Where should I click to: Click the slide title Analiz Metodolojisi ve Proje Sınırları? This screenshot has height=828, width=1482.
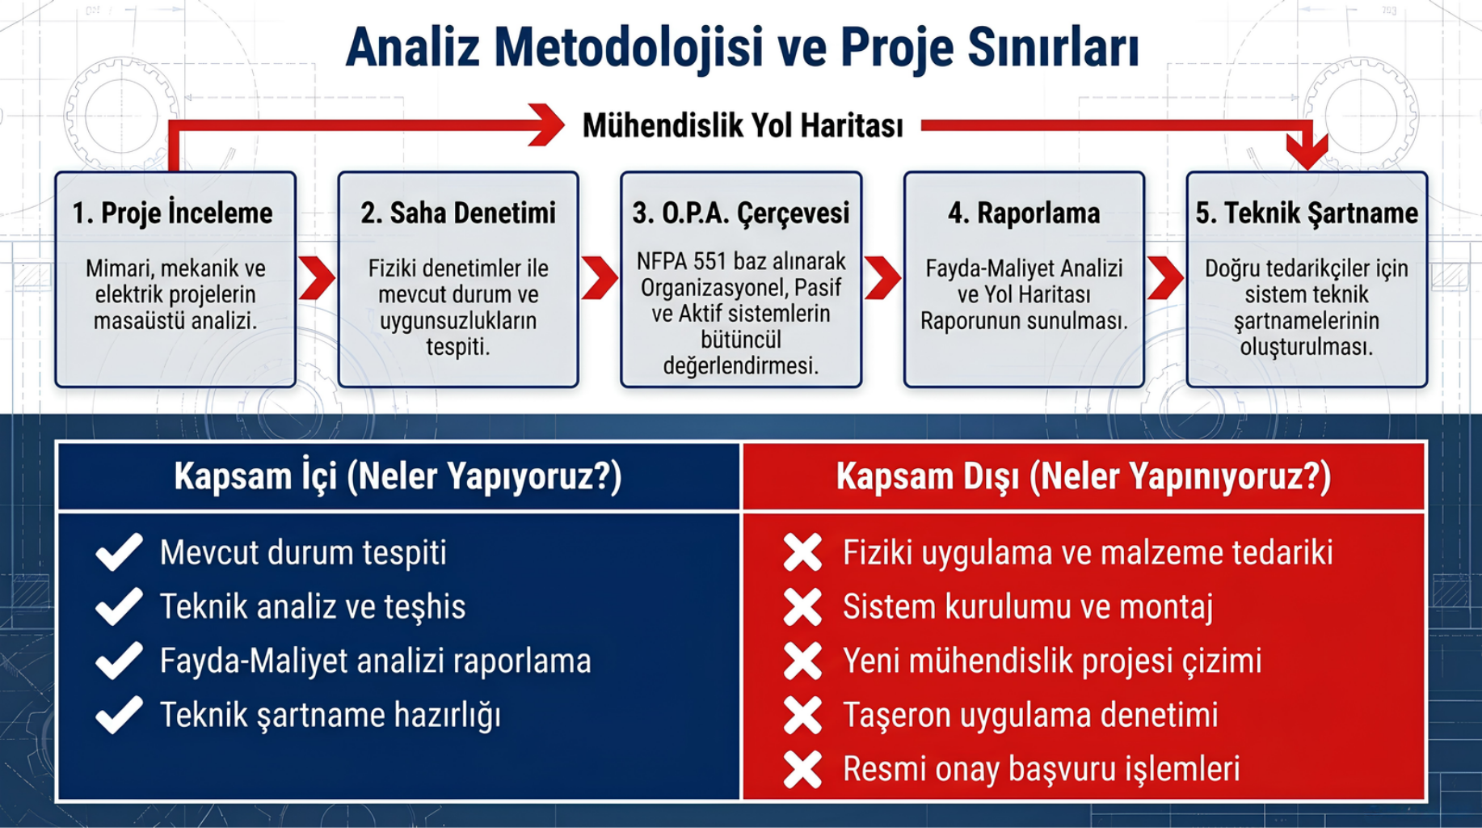coord(742,48)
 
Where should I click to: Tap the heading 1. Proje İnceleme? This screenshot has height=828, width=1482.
coord(172,213)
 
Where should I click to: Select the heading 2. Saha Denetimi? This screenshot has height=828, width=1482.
coord(458,213)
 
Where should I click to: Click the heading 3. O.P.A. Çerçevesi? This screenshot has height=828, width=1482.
coord(741,213)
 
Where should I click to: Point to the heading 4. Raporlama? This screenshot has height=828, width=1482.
coord(1024,213)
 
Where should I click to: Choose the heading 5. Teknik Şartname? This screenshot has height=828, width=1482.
coord(1307,213)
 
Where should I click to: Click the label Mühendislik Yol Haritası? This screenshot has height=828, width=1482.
coord(743,125)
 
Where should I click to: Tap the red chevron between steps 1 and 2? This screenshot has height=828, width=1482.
coord(317,278)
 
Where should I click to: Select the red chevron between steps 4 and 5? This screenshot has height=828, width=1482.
coord(1165,278)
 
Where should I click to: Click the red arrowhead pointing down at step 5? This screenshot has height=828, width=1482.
coord(1307,151)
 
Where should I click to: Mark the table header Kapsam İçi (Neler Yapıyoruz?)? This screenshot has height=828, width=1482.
coord(398,476)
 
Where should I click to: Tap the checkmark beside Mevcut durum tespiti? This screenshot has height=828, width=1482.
coord(119,552)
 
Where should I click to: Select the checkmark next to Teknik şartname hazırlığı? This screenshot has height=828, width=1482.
coord(119,715)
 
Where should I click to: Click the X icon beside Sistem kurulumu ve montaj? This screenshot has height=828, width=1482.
coord(802,607)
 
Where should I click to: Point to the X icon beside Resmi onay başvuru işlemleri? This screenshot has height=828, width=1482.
coord(802,770)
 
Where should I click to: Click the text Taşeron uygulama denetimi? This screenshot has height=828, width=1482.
coord(1030,716)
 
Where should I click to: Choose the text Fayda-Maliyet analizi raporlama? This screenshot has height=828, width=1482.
coord(375,661)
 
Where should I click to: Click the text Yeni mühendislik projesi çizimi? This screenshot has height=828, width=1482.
coord(1052,661)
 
